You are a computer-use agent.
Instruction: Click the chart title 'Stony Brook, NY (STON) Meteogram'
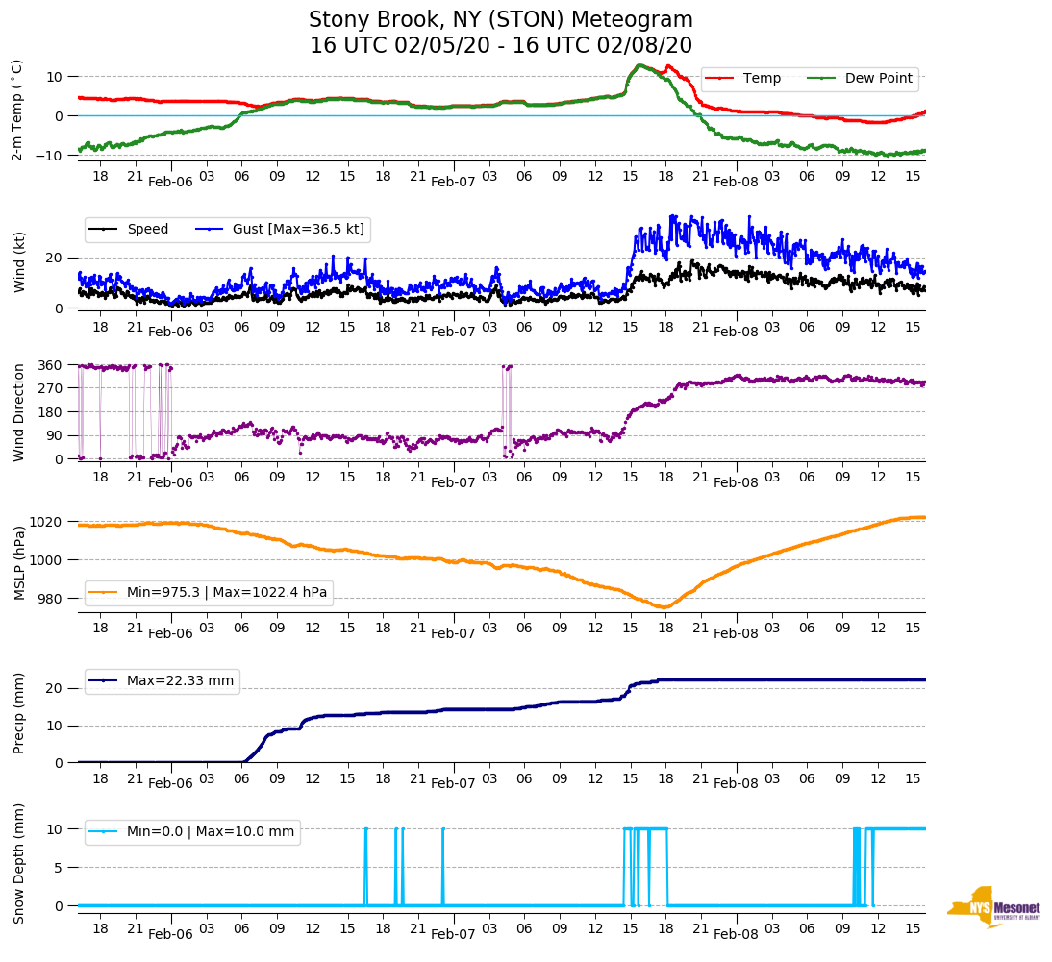pyautogui.click(x=500, y=20)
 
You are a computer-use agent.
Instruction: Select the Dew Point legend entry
pyautogui.click(x=878, y=78)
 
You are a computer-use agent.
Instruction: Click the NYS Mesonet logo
pyautogui.click(x=992, y=907)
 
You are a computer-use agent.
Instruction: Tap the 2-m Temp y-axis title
pyautogui.click(x=17, y=110)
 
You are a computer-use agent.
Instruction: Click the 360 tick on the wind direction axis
pyautogui.click(x=50, y=365)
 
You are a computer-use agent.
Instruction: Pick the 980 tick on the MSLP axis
pyautogui.click(x=51, y=599)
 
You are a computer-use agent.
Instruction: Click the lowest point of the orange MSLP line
pyautogui.click(x=664, y=607)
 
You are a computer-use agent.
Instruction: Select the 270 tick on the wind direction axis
pyautogui.click(x=50, y=388)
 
